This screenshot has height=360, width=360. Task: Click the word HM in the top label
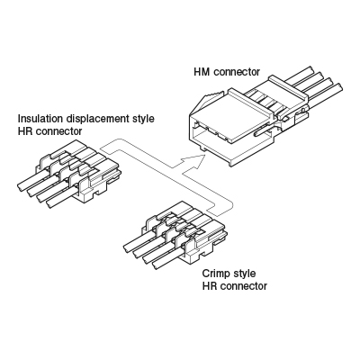pyautogui.click(x=202, y=72)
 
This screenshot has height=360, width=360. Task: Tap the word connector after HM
pyautogui.click(x=237, y=72)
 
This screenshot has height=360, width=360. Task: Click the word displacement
pyautogui.click(x=97, y=119)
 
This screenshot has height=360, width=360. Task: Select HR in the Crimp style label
pyautogui.click(x=208, y=286)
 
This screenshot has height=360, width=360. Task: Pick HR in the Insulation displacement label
pyautogui.click(x=23, y=131)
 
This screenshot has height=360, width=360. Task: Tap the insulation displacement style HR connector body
pyautogui.click(x=79, y=171)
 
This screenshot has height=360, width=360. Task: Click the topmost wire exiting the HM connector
pyautogui.click(x=299, y=76)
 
